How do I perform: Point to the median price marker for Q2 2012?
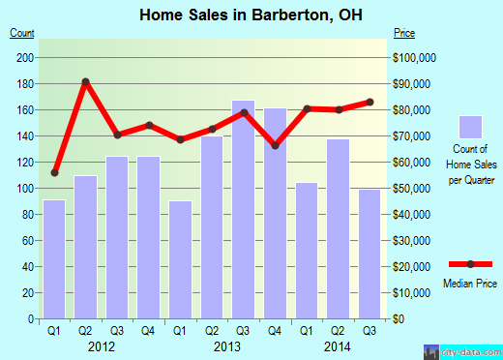[86, 81]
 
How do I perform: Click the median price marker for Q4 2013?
[275, 146]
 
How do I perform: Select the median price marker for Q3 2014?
[369, 102]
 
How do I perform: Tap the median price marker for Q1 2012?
[54, 172]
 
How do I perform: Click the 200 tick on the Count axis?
[26, 57]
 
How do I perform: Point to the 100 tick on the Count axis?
[26, 188]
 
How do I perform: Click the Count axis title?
[21, 34]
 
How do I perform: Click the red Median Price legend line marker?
[470, 264]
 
